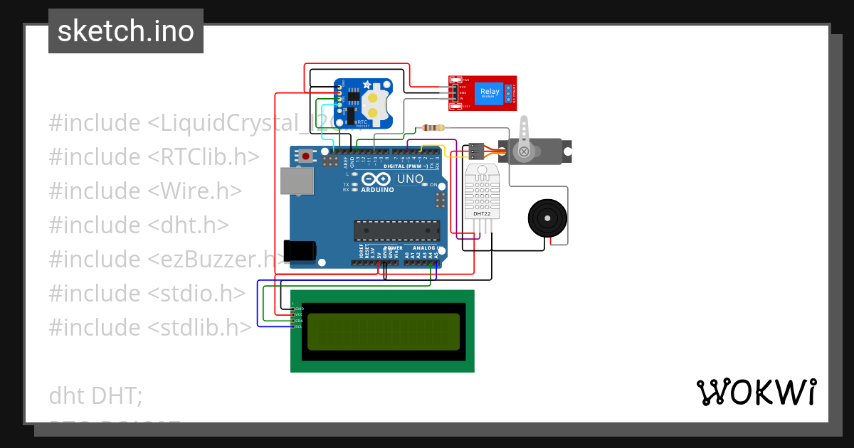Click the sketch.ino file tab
tap(126, 31)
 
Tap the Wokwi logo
tap(756, 392)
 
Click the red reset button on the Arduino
tap(306, 155)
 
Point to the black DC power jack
tap(300, 251)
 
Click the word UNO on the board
tap(409, 178)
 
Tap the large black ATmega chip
tap(397, 230)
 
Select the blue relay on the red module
tap(490, 92)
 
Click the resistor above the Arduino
tap(433, 128)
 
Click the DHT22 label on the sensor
tap(483, 213)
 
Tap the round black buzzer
tap(547, 218)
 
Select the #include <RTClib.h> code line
tap(154, 156)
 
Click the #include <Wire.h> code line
tap(145, 191)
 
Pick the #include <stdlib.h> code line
tap(150, 327)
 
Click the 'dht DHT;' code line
tap(95, 395)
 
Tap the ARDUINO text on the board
tap(377, 190)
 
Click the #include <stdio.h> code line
tap(147, 293)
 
